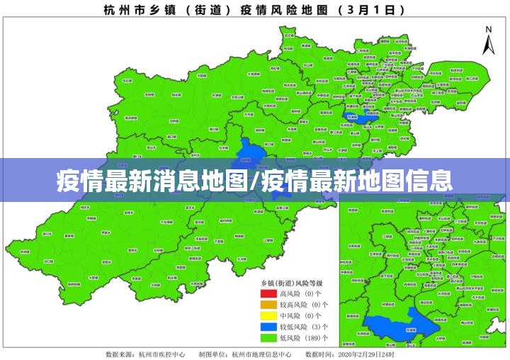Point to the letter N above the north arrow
tap(488, 29)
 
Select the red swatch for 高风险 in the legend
tap(268, 293)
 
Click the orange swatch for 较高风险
tap(268, 304)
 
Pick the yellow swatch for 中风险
tap(268, 315)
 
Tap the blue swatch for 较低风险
tap(268, 327)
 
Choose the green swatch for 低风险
tap(268, 338)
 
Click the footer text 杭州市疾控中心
tap(162, 353)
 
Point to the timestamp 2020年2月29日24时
tap(368, 353)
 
